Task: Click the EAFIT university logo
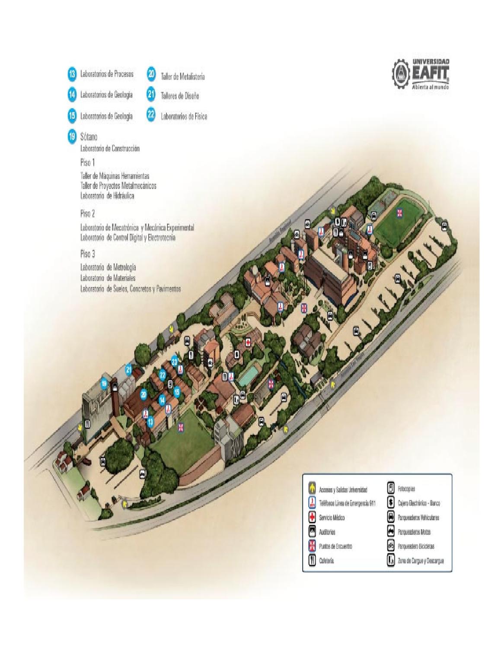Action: click(x=420, y=74)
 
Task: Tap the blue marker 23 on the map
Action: click(x=175, y=361)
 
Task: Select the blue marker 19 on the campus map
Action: click(x=104, y=383)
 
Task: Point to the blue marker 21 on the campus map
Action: click(x=129, y=369)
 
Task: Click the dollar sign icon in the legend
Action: click(x=390, y=503)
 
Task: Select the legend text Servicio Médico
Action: click(x=332, y=518)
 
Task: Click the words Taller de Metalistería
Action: click(x=182, y=77)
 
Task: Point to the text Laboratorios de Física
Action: click(x=184, y=116)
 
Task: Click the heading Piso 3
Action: click(x=87, y=254)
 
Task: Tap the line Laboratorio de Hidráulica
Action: click(x=107, y=196)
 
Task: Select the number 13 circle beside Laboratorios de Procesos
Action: click(x=72, y=74)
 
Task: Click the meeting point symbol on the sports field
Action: click(x=400, y=213)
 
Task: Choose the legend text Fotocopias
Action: click(x=406, y=489)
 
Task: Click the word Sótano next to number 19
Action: click(x=89, y=137)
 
